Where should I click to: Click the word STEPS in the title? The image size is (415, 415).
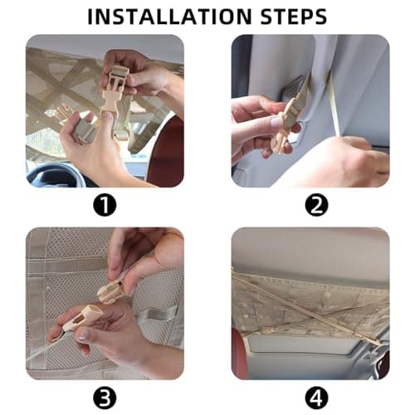[x=294, y=17]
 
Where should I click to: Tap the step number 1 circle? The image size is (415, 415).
[x=105, y=205]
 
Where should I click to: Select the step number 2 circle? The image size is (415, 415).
[x=316, y=205]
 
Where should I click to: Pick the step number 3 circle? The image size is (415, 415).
[x=105, y=398]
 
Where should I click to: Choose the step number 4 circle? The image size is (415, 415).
[x=316, y=398]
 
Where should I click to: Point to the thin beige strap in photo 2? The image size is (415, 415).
[x=334, y=105]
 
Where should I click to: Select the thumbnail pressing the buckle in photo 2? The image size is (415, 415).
[x=277, y=122]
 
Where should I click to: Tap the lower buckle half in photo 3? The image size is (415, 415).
[x=81, y=318]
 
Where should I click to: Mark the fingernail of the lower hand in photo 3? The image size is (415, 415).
[x=83, y=334]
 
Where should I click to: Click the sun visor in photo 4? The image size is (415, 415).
[x=296, y=344]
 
